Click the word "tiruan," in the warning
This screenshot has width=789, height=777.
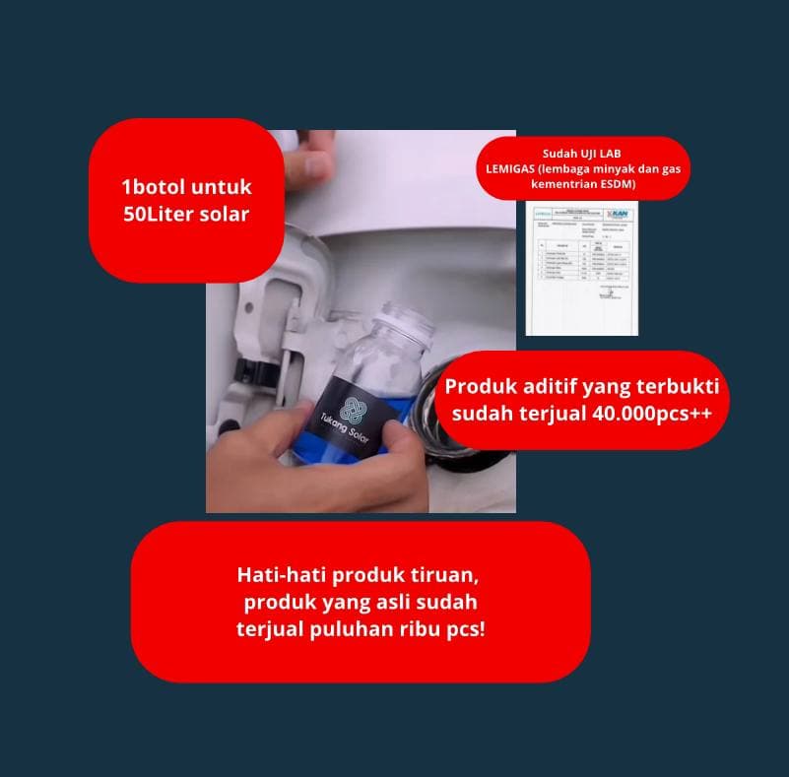tap(446, 574)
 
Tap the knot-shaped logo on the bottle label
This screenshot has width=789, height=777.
tap(354, 412)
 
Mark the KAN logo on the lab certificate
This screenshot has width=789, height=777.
tap(623, 213)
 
